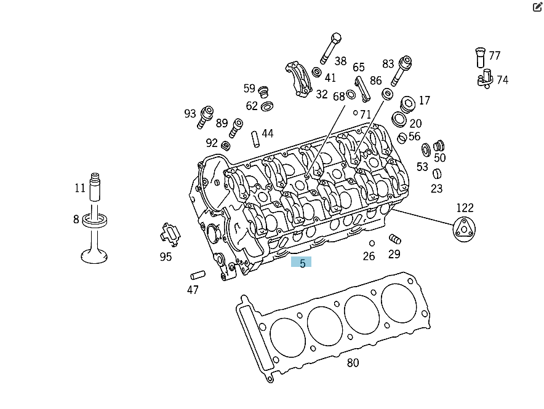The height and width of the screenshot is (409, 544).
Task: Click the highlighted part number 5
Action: coord(302,263)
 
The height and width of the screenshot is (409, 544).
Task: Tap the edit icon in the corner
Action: coord(537,7)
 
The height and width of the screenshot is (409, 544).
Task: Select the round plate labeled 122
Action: coord(464,231)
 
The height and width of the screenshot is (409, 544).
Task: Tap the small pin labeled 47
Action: coord(198,274)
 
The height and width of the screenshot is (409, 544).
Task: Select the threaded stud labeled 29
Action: coord(395,239)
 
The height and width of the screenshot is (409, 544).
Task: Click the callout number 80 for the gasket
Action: coord(353,363)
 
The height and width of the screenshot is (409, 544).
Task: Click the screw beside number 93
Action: coord(205,117)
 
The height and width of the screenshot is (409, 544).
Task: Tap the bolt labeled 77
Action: coord(480,57)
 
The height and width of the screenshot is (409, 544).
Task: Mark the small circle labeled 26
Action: coord(372,244)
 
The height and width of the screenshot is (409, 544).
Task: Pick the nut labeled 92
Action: coord(226,146)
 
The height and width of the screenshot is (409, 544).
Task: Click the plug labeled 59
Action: coord(264,92)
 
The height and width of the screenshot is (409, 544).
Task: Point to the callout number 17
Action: coord(425,100)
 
